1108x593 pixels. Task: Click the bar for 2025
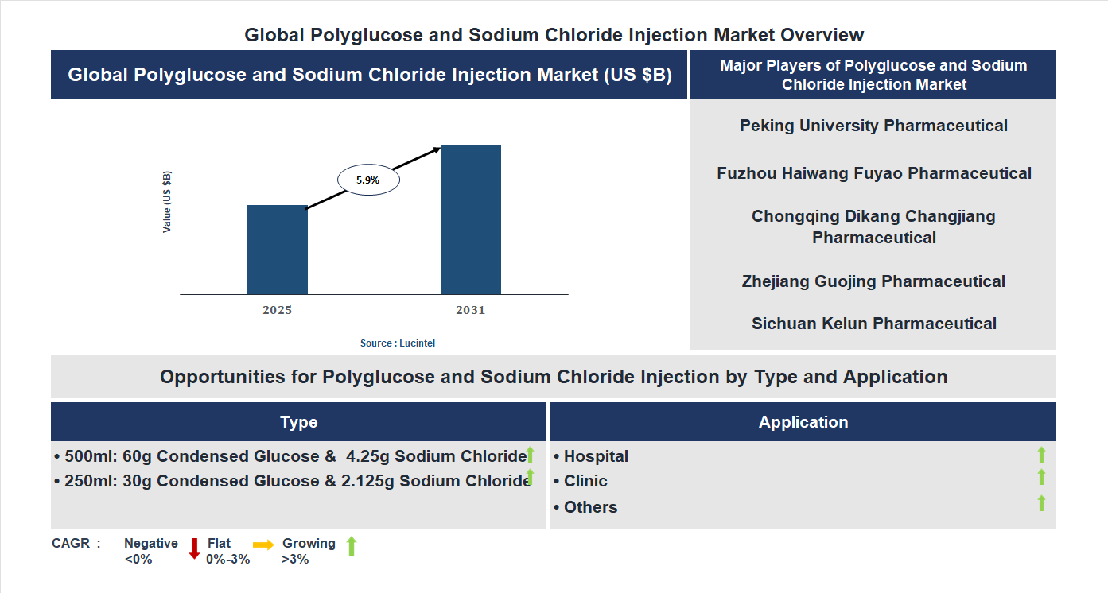click(277, 250)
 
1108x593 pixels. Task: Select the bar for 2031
click(471, 220)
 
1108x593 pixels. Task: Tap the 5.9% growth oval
click(368, 180)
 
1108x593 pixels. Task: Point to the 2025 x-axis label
click(277, 310)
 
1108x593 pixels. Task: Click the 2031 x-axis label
click(470, 310)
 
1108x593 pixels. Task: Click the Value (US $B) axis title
click(167, 202)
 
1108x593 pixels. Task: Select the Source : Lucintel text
click(398, 343)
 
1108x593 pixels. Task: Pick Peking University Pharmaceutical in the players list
click(873, 126)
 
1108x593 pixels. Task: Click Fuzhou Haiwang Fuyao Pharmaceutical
click(873, 173)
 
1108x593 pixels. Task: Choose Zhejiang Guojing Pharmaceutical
click(873, 281)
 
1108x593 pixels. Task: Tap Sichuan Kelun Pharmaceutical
click(873, 324)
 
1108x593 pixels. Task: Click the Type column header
click(298, 422)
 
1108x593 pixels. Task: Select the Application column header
click(803, 422)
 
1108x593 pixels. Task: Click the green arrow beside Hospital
click(1041, 455)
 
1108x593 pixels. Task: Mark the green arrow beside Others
click(1041, 503)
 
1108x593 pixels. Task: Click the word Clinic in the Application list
click(585, 481)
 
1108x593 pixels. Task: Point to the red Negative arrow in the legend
click(194, 548)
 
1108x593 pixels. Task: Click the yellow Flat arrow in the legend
click(263, 545)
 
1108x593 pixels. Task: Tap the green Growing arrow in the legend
click(352, 546)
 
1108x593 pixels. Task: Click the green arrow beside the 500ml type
click(531, 455)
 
